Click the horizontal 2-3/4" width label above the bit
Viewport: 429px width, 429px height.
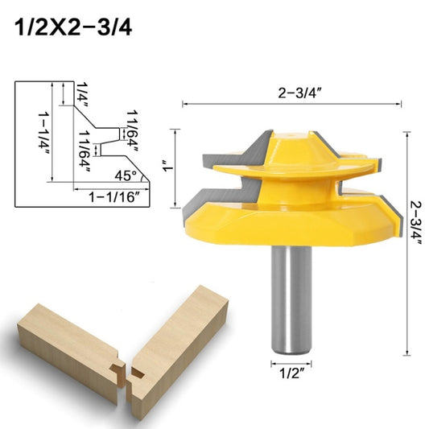pos(292,92)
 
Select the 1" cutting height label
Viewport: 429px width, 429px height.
pos(167,168)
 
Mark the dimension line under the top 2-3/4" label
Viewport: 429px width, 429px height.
pos(292,104)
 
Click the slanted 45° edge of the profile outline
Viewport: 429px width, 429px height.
pos(144,181)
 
